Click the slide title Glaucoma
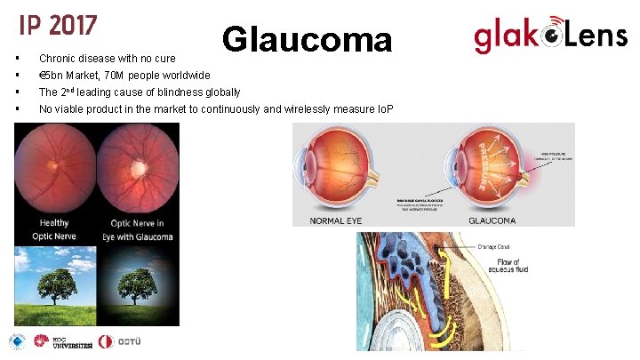(x=307, y=40)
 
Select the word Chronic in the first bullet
(x=57, y=59)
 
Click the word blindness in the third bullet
(x=176, y=92)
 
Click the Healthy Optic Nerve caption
(x=56, y=229)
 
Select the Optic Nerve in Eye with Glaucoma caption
(x=140, y=229)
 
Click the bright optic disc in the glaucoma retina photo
(x=140, y=166)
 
